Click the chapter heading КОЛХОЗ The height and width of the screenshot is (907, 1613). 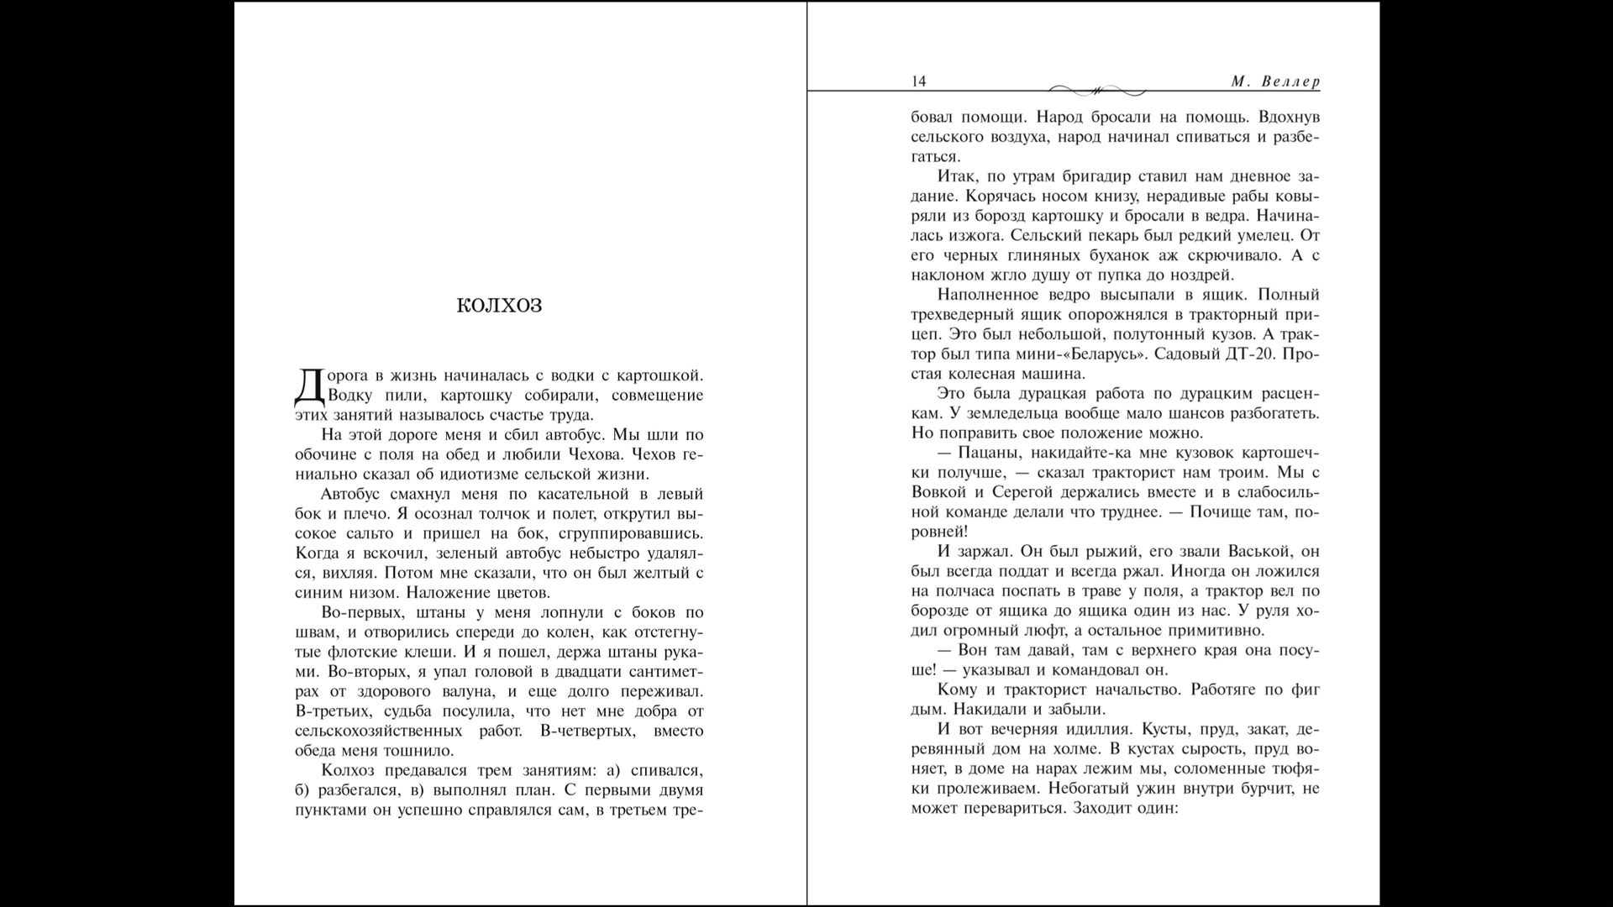499,306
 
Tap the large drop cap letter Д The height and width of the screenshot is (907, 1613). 309,385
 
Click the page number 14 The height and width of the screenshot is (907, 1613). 918,81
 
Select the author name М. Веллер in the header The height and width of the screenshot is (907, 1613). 1275,81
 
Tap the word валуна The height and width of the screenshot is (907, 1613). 471,692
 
